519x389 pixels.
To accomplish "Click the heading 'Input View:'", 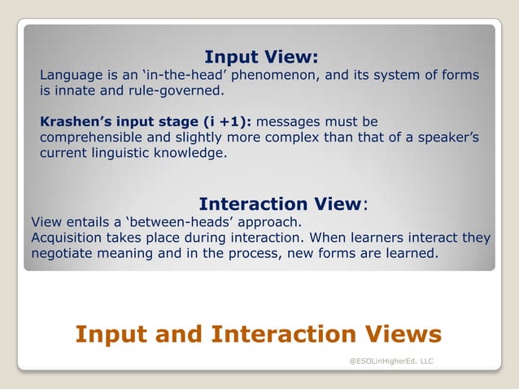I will pyautogui.click(x=260, y=57).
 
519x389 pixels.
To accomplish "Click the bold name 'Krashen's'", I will pyautogui.click(x=74, y=121).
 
